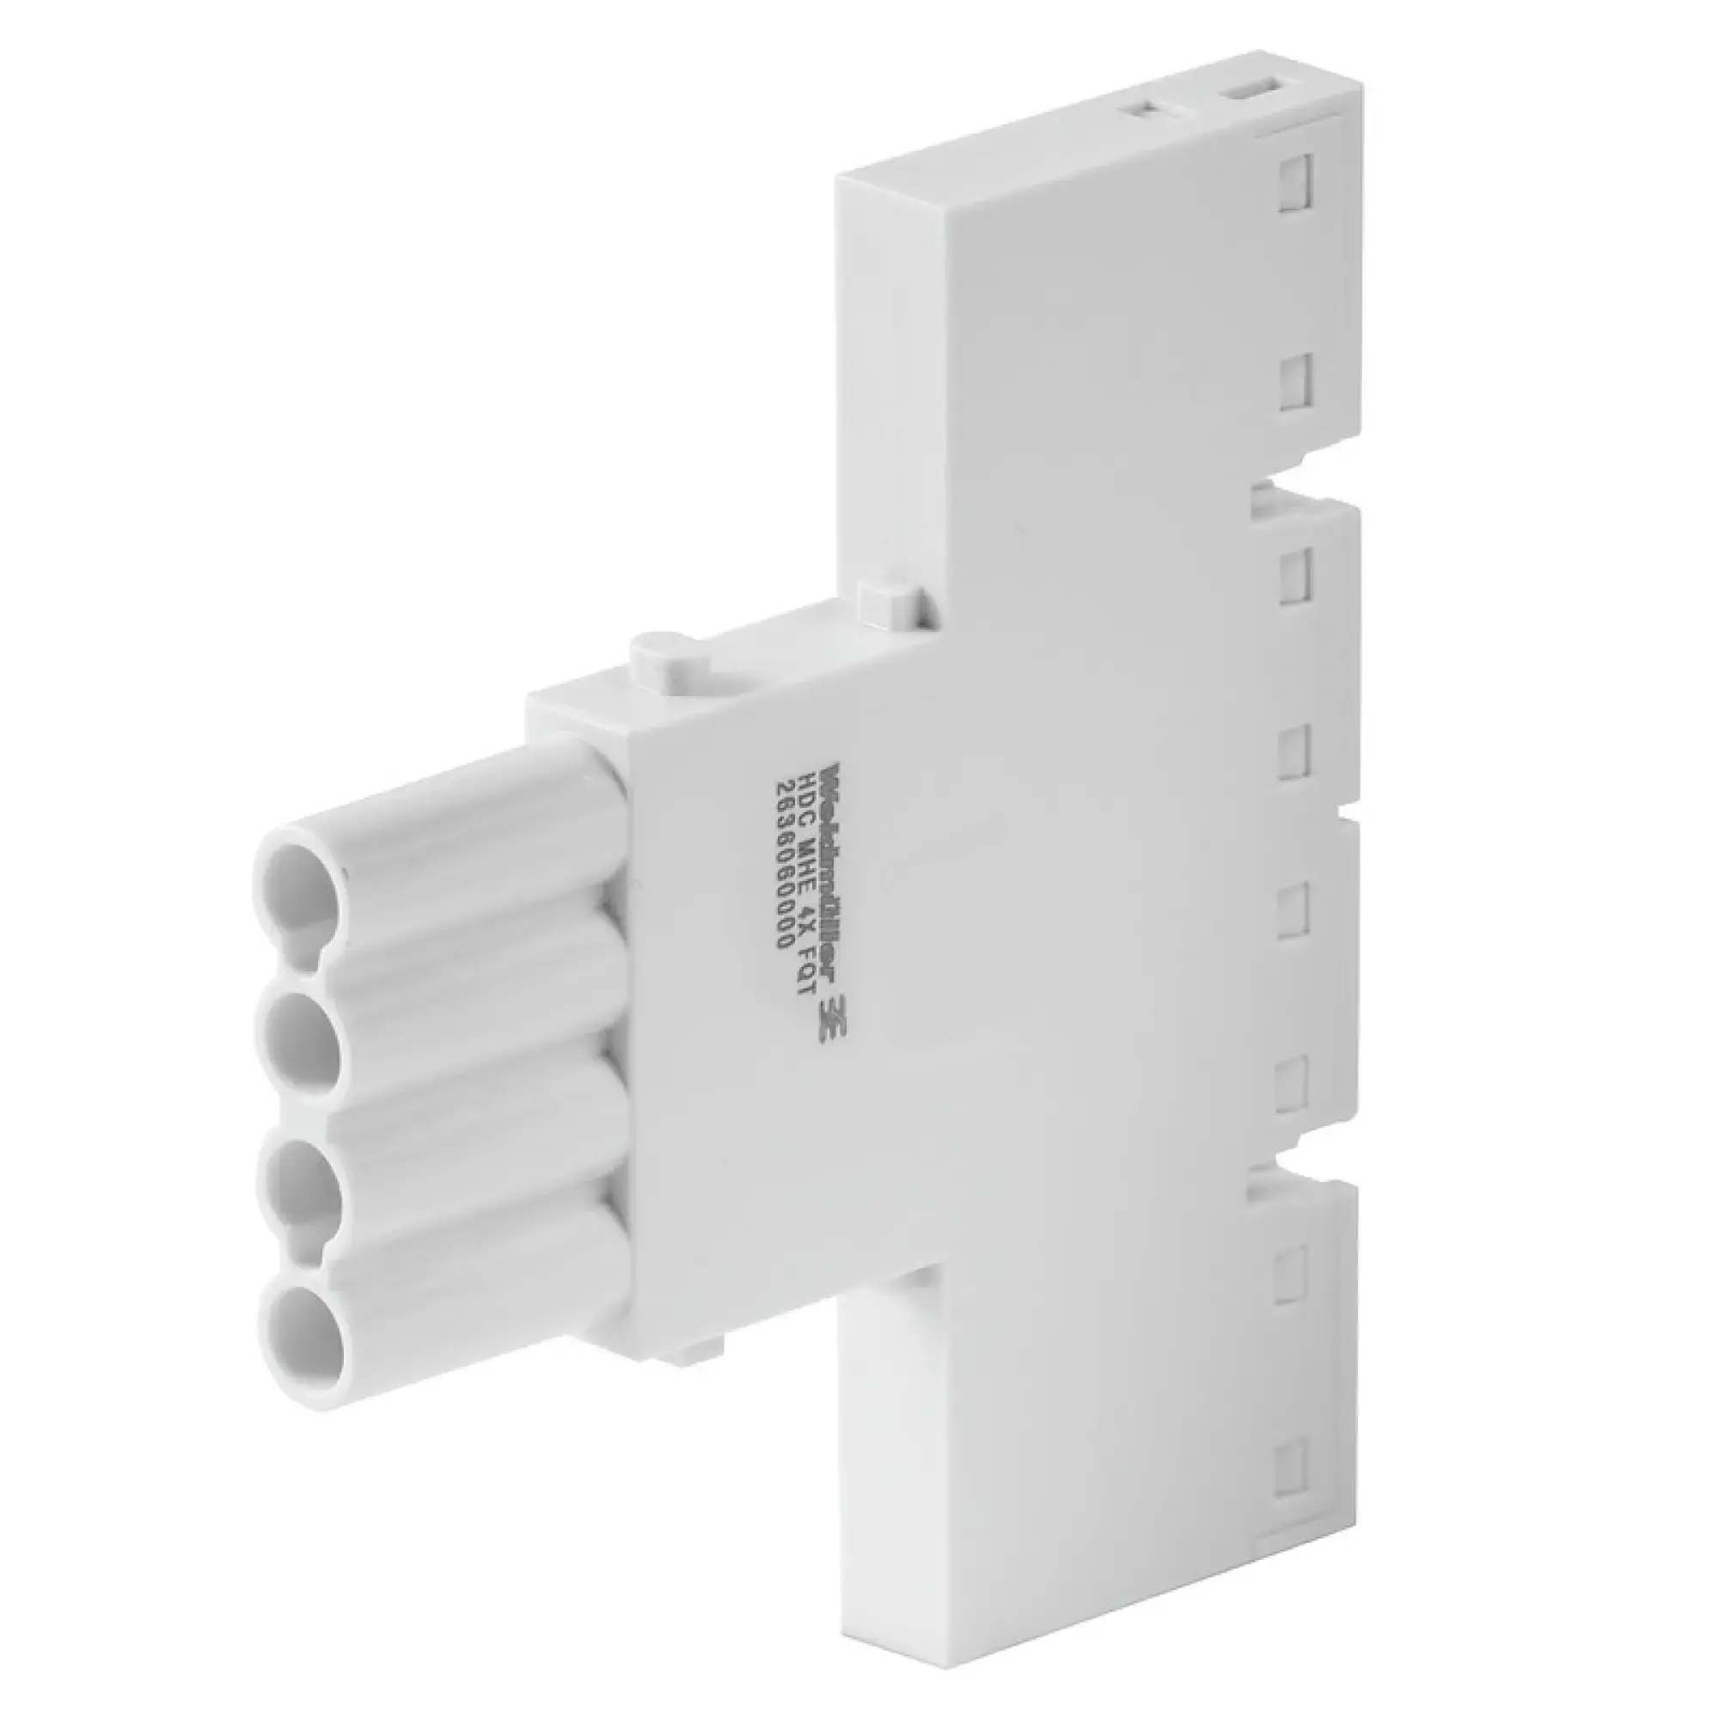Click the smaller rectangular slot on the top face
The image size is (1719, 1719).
point(1147,109)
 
